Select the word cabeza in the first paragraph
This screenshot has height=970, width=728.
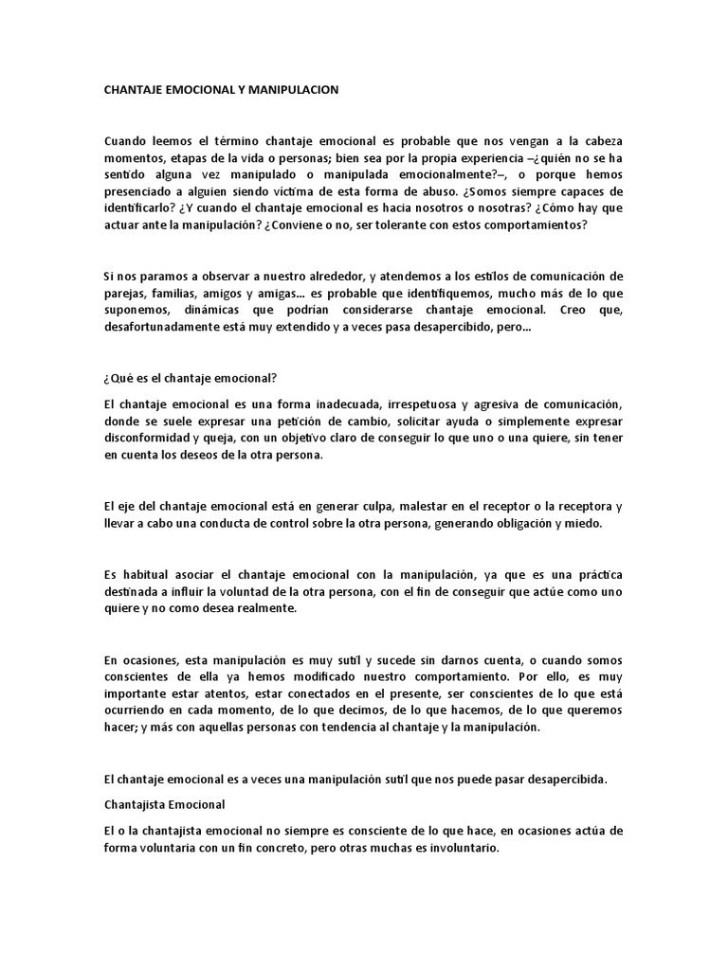pos(600,140)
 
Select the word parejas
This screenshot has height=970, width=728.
pos(123,294)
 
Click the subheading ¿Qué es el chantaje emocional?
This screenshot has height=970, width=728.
pos(190,379)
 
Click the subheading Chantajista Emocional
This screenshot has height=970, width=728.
pos(164,804)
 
